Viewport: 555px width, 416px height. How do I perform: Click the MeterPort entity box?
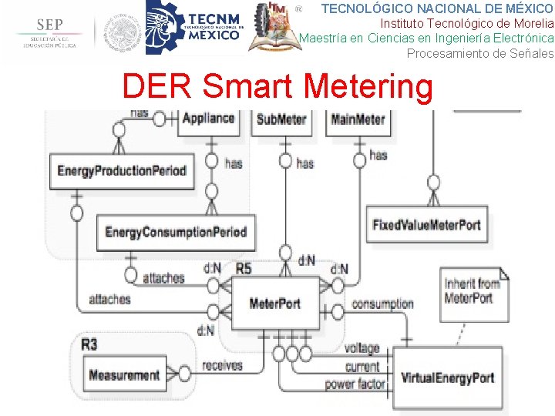pos(275,304)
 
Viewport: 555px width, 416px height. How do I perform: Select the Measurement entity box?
pos(124,376)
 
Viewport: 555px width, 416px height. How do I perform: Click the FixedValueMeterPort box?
pos(426,225)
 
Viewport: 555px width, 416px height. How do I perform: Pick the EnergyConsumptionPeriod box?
pos(176,232)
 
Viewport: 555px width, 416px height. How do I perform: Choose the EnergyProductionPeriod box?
pos(122,170)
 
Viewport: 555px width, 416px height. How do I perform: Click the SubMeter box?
pos(282,120)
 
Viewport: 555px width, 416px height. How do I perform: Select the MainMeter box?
pos(358,120)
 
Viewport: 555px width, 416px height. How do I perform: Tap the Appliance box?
pos(208,119)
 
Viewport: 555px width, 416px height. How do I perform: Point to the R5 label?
pos(244,269)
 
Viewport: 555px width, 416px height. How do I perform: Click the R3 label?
pos(89,344)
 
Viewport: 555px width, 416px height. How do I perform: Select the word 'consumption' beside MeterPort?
pos(382,304)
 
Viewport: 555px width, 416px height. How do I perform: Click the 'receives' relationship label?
pos(222,365)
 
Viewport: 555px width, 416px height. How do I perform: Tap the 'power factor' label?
pos(354,384)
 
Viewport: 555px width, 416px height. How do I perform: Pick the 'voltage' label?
pos(362,349)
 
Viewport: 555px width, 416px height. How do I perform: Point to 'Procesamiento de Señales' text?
pos(479,53)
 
